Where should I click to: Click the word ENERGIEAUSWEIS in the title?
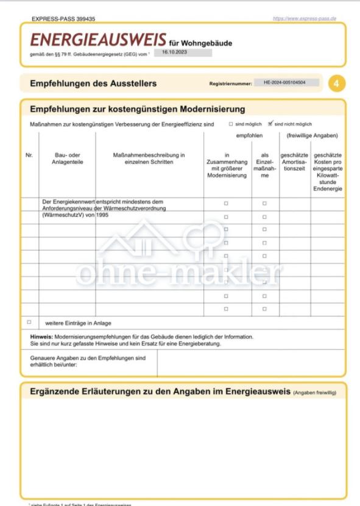(x=98, y=40)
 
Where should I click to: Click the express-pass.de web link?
(x=305, y=19)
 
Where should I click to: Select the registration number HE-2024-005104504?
(x=289, y=82)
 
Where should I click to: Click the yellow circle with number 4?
(x=336, y=84)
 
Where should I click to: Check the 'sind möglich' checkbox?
(x=231, y=124)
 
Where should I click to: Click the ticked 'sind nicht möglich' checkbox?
(x=270, y=123)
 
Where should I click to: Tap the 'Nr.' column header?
(x=29, y=155)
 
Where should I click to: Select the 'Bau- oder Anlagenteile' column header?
(x=67, y=159)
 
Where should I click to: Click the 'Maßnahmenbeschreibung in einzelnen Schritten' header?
(x=149, y=159)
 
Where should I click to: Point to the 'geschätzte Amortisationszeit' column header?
(x=295, y=162)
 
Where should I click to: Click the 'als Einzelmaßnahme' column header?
(x=264, y=165)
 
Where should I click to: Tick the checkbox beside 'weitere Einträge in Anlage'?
(x=29, y=322)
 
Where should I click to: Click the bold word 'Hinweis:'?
(x=41, y=337)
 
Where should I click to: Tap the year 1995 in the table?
(x=102, y=215)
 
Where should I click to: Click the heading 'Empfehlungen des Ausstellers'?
(x=93, y=84)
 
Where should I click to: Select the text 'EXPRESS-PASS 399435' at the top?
(x=63, y=20)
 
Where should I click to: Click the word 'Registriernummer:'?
(x=231, y=84)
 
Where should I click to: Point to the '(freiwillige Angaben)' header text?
(x=312, y=135)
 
